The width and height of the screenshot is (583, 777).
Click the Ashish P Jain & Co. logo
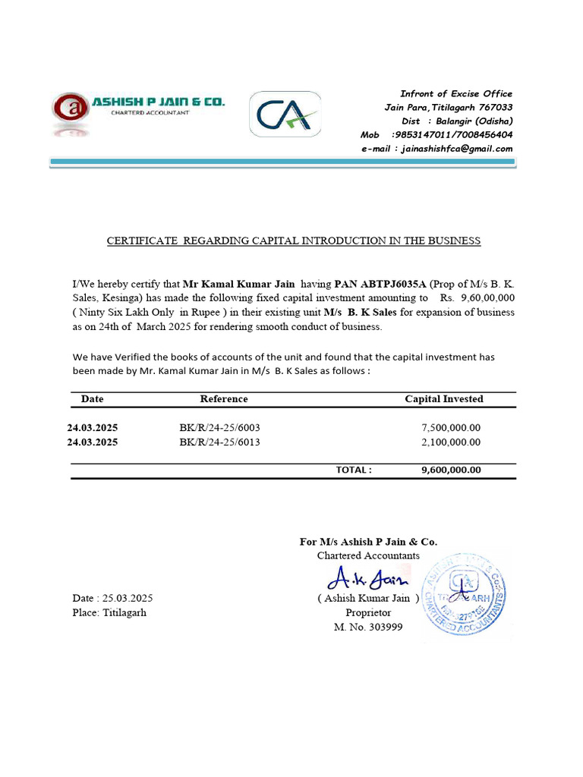click(x=138, y=112)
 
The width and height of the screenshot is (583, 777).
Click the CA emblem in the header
click(x=285, y=115)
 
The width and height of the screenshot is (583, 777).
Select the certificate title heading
click(x=293, y=241)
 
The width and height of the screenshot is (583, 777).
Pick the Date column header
click(x=93, y=399)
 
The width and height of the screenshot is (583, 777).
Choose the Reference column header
click(x=224, y=399)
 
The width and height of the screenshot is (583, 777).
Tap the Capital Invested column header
click(x=443, y=399)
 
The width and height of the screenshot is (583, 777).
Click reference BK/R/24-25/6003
click(x=219, y=428)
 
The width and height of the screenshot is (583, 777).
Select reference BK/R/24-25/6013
click(x=219, y=442)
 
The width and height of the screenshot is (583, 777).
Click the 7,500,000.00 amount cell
click(x=451, y=428)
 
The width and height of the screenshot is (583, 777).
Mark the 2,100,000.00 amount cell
click(x=451, y=442)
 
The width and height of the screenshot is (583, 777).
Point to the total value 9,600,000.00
click(x=451, y=470)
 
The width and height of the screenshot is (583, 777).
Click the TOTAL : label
click(x=354, y=470)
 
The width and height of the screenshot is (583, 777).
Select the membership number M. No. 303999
click(x=368, y=628)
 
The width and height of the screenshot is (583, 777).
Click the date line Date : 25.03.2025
click(x=113, y=598)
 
